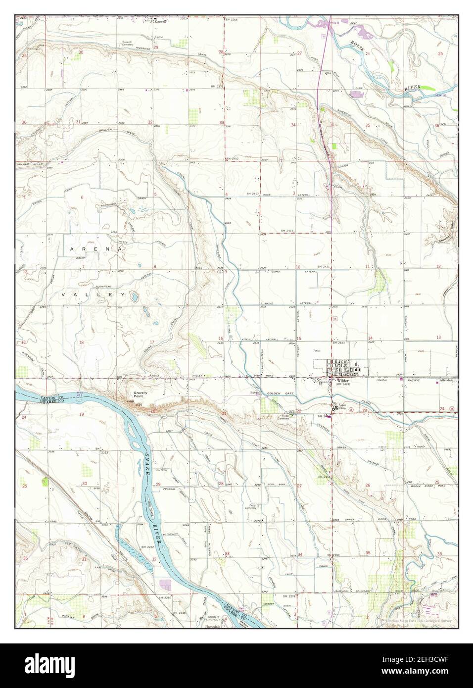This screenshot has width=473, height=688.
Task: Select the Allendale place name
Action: [446, 381]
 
